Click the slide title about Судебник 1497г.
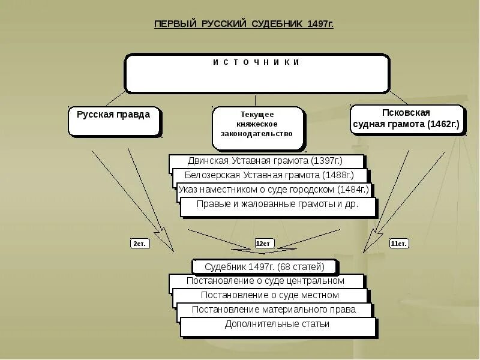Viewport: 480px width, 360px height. pyautogui.click(x=244, y=25)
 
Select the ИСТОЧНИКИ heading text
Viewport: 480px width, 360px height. pyautogui.click(x=256, y=62)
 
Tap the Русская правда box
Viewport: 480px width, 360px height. pyautogui.click(x=114, y=120)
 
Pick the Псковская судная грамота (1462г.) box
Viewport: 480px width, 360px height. pyautogui.click(x=406, y=120)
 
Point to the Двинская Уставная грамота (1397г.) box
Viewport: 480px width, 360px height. pyautogui.click(x=266, y=161)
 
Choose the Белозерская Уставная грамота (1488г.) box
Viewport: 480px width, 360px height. pyautogui.click(x=269, y=176)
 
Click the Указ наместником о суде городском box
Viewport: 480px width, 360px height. pyautogui.click(x=273, y=190)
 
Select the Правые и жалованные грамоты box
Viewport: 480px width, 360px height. pyautogui.click(x=277, y=205)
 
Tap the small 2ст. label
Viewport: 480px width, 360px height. pyautogui.click(x=139, y=244)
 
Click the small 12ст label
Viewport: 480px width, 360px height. pyautogui.click(x=264, y=244)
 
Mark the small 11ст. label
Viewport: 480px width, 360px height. pyautogui.click(x=399, y=244)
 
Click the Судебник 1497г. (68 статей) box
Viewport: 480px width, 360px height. pyautogui.click(x=265, y=266)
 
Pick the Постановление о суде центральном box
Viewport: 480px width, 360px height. pyautogui.click(x=266, y=281)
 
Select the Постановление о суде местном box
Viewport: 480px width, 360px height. pyautogui.click(x=270, y=295)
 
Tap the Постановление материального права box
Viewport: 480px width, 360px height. pyautogui.click(x=274, y=310)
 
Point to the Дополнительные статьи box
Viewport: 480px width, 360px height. pyautogui.click(x=277, y=325)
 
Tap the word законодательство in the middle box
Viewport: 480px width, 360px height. pyautogui.click(x=257, y=134)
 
